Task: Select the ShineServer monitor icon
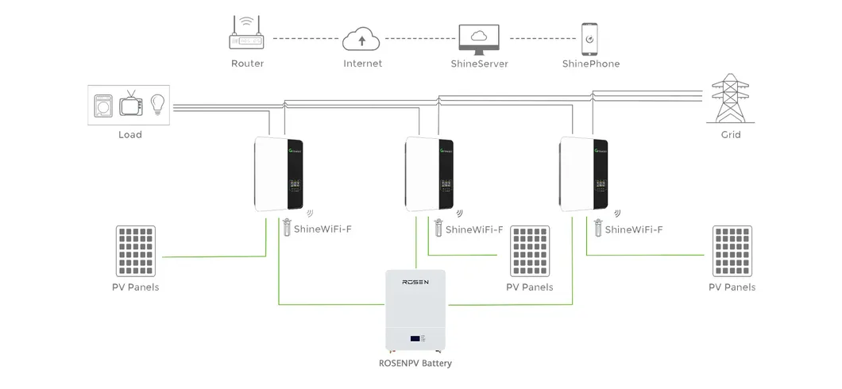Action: pyautogui.click(x=479, y=37)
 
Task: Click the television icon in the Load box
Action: pyautogui.click(x=130, y=105)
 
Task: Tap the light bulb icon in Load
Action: pyautogui.click(x=157, y=103)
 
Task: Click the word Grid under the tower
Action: pyautogui.click(x=730, y=135)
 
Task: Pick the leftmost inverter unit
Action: pyautogui.click(x=280, y=174)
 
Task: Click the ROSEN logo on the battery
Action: pyautogui.click(x=415, y=282)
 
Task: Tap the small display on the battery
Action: pyautogui.click(x=415, y=339)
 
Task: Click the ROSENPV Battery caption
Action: pyautogui.click(x=415, y=364)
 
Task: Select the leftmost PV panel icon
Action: pyautogui.click(x=135, y=249)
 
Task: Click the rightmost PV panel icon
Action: pyautogui.click(x=732, y=249)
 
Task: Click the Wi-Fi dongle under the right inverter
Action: pyautogui.click(x=597, y=228)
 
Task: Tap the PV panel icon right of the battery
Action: pyautogui.click(x=530, y=249)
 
